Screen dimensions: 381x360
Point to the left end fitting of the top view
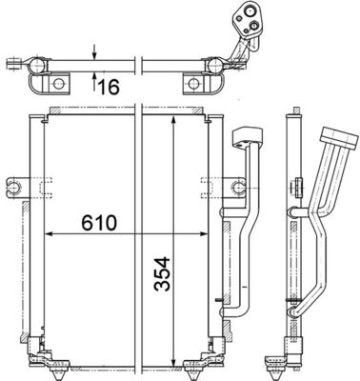tap(13, 66)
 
